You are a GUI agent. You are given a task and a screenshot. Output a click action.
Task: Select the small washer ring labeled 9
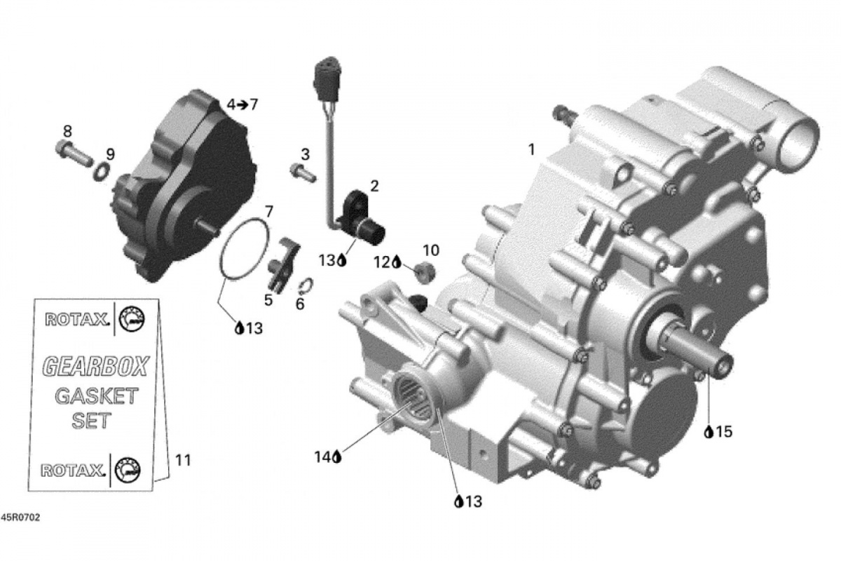[x=102, y=172]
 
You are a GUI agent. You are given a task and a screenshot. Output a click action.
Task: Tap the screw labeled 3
[x=303, y=173]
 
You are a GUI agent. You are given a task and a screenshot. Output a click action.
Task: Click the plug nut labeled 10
[x=425, y=272]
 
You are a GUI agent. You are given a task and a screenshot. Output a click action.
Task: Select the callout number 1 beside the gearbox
[x=531, y=149]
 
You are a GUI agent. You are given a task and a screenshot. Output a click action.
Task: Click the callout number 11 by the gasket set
[x=183, y=460]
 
